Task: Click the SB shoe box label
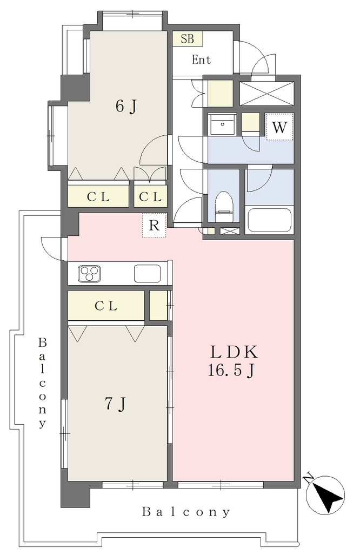tap(188, 38)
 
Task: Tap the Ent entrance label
tap(201, 60)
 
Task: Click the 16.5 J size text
tap(231, 371)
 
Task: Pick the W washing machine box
tap(279, 127)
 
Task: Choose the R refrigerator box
tap(154, 225)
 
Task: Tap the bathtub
tap(269, 220)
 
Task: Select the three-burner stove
tap(89, 273)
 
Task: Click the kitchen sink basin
tap(147, 273)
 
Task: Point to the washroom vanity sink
tap(222, 124)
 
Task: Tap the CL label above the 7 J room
tap(106, 306)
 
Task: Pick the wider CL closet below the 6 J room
tap(98, 197)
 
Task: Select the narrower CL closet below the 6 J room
tap(150, 197)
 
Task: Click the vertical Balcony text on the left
tap(42, 383)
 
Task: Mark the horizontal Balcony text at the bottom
tap(186, 512)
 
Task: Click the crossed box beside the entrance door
tap(266, 93)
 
